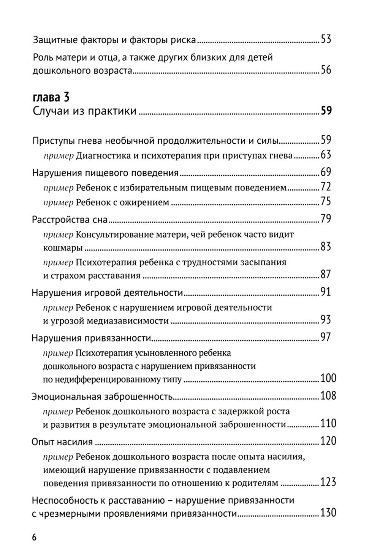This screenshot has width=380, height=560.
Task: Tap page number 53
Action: tap(326, 39)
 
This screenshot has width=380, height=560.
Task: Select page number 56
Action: tap(326, 70)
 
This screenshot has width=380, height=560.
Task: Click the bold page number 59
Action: tap(326, 111)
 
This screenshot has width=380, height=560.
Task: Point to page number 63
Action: tap(326, 155)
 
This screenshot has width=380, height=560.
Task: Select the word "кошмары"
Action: tap(63, 248)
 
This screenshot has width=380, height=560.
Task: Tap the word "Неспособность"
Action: tap(64, 500)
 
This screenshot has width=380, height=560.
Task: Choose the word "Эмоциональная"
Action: tap(65, 397)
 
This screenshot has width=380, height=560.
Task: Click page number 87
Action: tap(326, 274)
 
